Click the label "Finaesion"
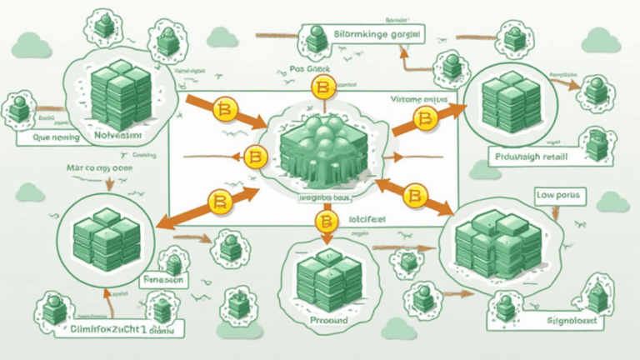163,280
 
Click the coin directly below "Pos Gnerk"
322,87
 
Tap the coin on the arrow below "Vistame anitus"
426,122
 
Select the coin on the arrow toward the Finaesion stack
221,202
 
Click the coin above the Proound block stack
323,221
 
